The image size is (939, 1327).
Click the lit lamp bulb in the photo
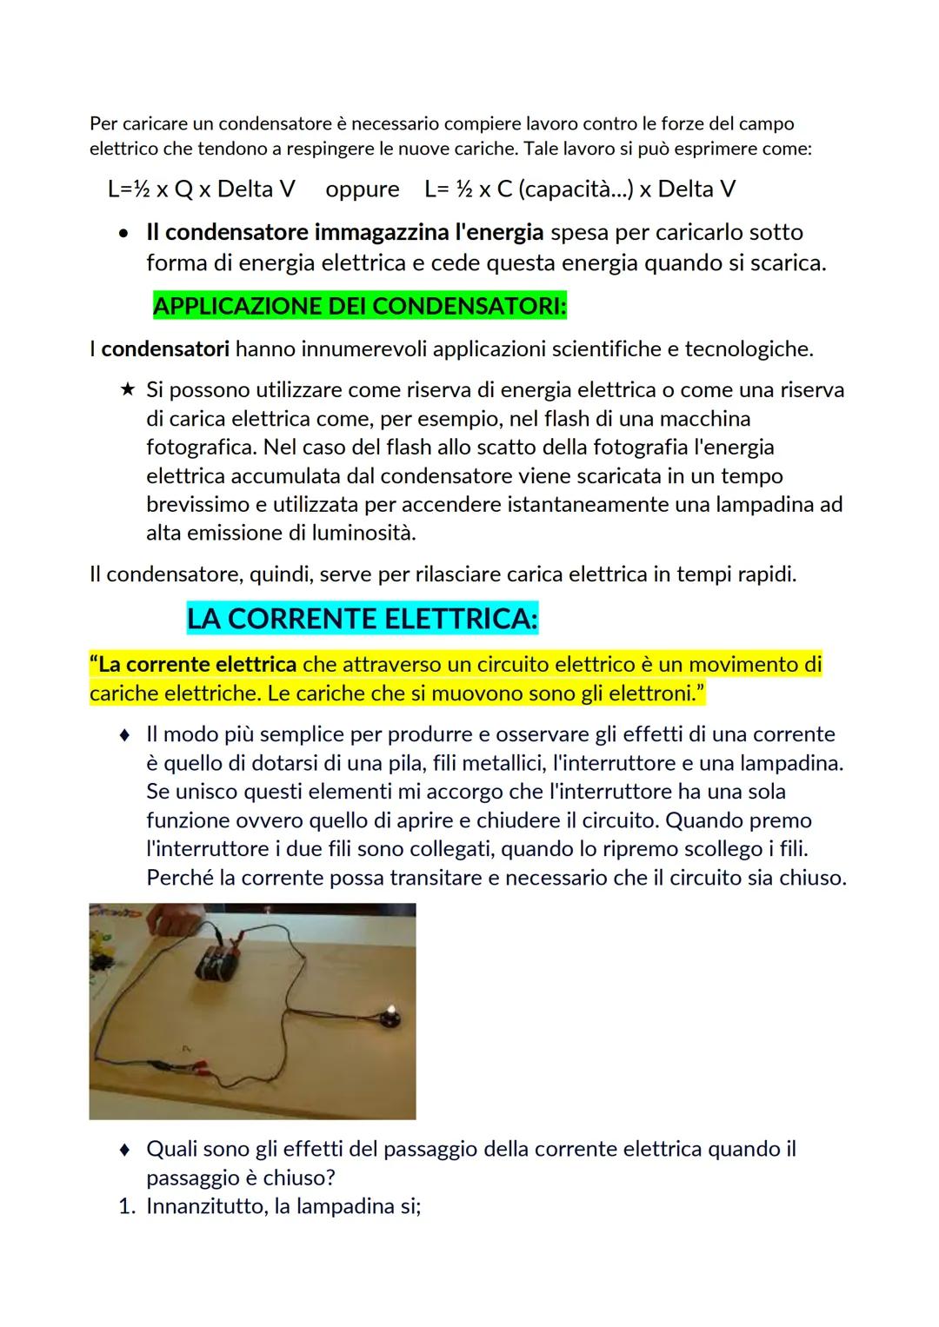coord(390,1010)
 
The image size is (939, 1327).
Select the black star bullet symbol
coord(127,390)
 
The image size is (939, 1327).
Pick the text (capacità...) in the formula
coord(575,189)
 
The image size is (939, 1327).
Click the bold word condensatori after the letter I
coord(166,349)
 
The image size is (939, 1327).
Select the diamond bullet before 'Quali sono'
coord(126,1150)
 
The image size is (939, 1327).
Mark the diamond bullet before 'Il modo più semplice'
coord(126,735)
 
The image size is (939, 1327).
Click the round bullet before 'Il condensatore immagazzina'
coord(126,234)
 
